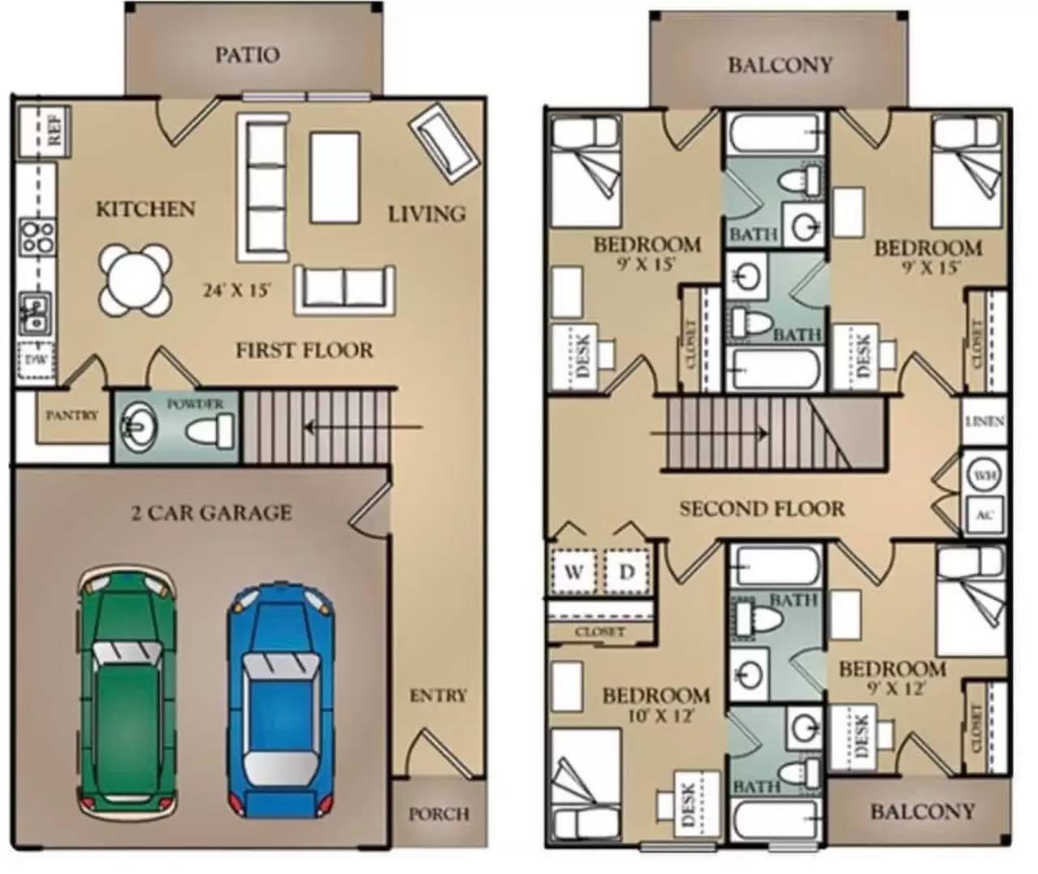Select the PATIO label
point(247,55)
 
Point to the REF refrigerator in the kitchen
point(45,131)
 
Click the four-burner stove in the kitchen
point(36,237)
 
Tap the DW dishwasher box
point(36,360)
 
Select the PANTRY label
point(73,415)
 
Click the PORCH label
point(440,814)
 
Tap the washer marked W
point(573,572)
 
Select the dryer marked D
point(627,572)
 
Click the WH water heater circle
point(985,475)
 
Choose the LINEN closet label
point(985,422)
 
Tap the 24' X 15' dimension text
point(236,290)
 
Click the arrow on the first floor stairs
point(364,426)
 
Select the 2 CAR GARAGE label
point(211,512)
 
